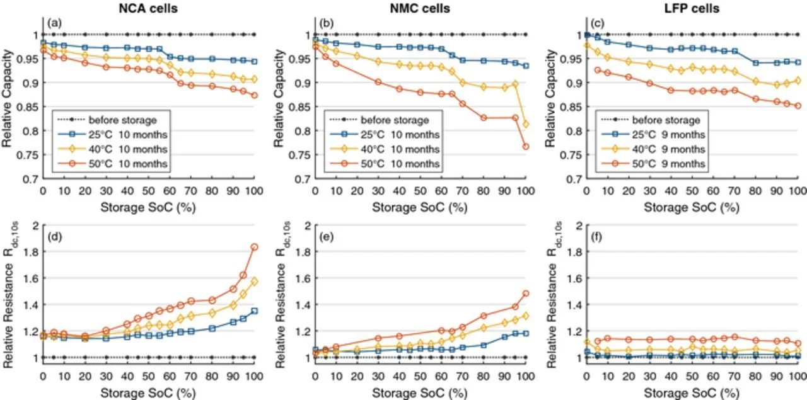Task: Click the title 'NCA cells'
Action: click(148, 8)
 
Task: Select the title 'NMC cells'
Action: click(420, 8)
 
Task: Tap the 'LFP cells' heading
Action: click(692, 8)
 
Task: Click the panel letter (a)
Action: click(54, 23)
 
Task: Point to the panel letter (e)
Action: click(327, 237)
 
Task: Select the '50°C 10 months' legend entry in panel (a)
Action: click(113, 164)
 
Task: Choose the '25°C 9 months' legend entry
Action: click(653, 135)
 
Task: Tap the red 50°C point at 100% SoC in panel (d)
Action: click(254, 247)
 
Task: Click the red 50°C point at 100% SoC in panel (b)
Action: click(526, 147)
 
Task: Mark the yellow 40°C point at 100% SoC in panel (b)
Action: click(526, 124)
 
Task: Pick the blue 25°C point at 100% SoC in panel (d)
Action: click(254, 311)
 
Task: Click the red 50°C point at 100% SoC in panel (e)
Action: click(526, 294)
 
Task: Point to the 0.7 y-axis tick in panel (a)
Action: click(30, 179)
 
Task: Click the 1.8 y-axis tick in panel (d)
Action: click(30, 252)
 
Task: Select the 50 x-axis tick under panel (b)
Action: click(420, 191)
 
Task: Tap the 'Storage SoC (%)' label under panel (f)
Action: click(692, 393)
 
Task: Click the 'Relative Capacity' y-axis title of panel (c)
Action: click(550, 99)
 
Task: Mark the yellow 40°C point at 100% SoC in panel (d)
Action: click(254, 282)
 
